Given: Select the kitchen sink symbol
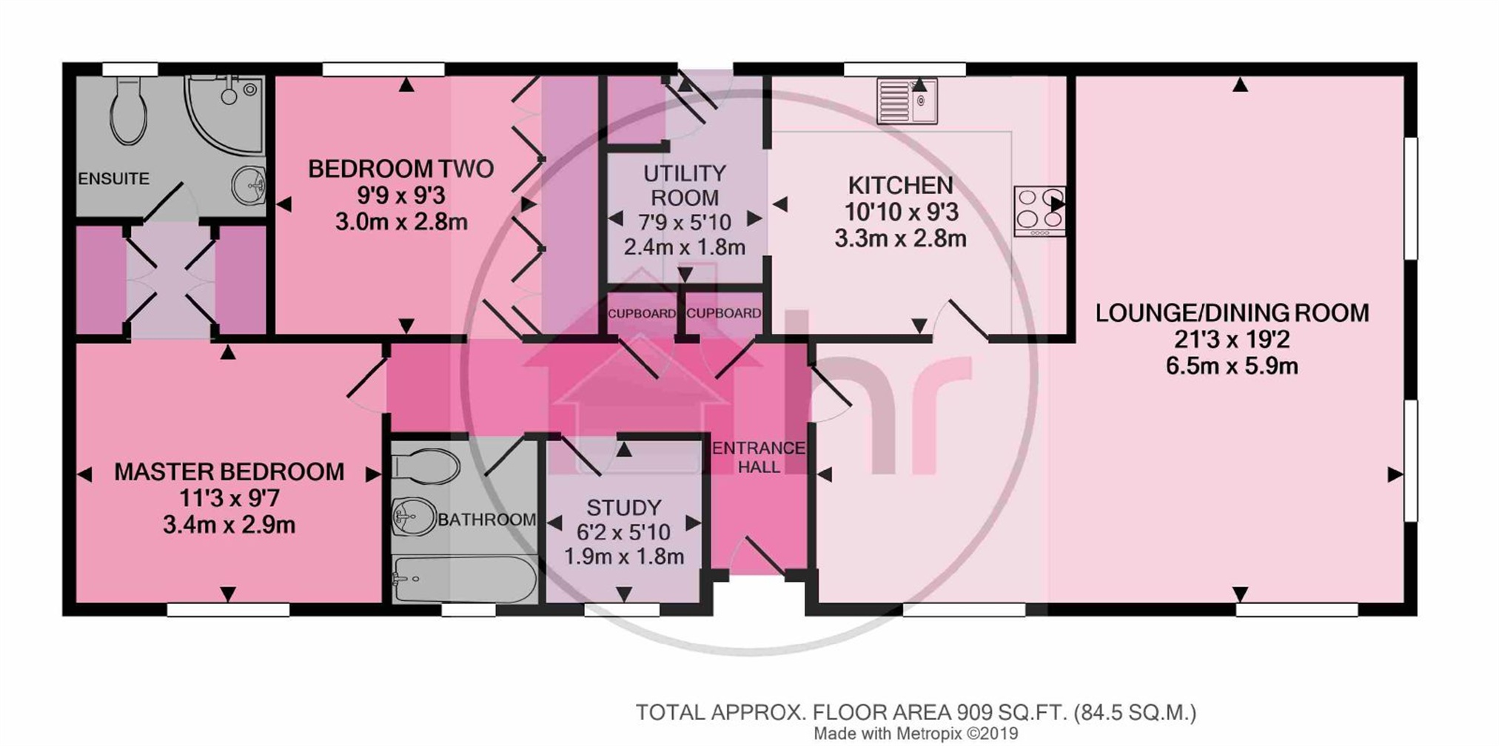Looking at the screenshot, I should click(x=907, y=101).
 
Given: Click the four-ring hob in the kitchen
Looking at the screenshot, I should click(x=1039, y=211).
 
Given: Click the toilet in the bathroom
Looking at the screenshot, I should click(x=425, y=467).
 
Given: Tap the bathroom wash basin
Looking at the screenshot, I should click(x=413, y=516).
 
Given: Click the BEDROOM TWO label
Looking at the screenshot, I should click(x=400, y=169).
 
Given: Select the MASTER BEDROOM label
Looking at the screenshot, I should click(x=229, y=472).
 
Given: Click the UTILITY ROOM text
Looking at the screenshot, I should click(x=684, y=186).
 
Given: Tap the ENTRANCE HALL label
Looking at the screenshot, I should click(x=758, y=457).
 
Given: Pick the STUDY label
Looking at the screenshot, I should click(x=623, y=508).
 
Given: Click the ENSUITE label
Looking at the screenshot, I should click(x=113, y=179).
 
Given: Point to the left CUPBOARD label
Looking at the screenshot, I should click(x=641, y=314).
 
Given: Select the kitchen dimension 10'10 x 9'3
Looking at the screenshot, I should click(x=901, y=213).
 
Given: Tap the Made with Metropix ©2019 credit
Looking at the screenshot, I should click(x=916, y=734).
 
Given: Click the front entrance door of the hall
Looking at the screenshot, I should click(x=759, y=559).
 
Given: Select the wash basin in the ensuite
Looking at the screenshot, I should click(x=248, y=184).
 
